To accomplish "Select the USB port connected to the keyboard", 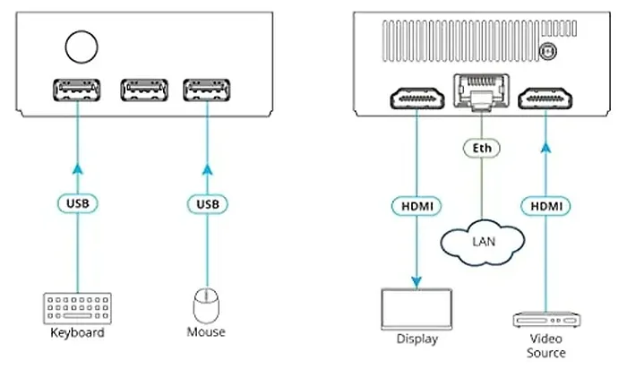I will click(77, 90).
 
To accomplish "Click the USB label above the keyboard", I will click(77, 203).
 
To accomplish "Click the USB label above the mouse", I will click(207, 203).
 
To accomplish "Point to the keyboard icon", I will click(75, 307).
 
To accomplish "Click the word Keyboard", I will click(76, 333).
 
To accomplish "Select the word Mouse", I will click(206, 332).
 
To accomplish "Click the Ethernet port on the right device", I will click(479, 90).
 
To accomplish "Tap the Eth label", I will click(480, 145).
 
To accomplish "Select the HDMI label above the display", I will click(416, 206).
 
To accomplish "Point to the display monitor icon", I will click(417, 307).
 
